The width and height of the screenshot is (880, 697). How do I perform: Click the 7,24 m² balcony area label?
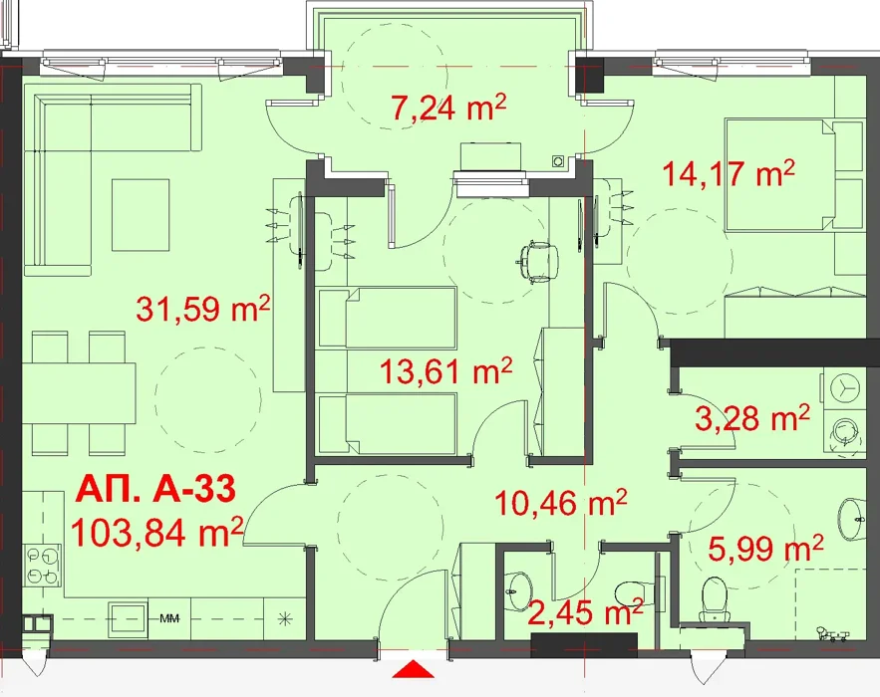(x=449, y=108)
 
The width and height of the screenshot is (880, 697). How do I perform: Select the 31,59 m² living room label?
(x=203, y=308)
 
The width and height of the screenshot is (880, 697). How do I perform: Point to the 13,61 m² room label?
(x=446, y=370)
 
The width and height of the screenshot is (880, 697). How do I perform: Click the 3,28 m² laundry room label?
(x=752, y=418)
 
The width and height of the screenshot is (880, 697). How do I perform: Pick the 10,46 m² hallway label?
(x=560, y=502)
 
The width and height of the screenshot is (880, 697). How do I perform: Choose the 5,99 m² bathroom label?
(x=765, y=548)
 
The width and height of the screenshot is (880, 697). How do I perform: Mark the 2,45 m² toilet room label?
(x=585, y=611)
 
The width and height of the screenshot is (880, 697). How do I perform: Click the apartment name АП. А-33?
(x=155, y=489)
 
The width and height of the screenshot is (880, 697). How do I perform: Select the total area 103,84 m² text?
(x=157, y=532)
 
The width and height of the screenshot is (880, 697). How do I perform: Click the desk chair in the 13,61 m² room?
(x=537, y=261)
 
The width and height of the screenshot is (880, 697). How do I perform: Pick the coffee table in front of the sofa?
(x=141, y=215)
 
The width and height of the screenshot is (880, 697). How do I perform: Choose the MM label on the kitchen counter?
(x=169, y=619)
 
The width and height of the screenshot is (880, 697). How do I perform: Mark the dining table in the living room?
(x=79, y=393)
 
